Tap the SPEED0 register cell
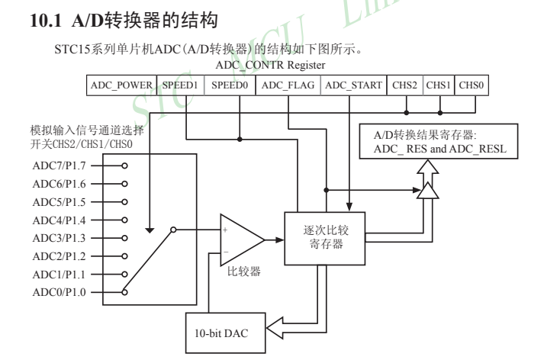point(229,85)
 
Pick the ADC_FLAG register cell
point(287,85)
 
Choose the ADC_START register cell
point(353,85)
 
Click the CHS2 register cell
point(404,85)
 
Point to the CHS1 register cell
point(438,85)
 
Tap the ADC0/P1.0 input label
point(59,291)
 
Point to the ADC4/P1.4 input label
point(59,218)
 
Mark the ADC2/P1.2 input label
point(59,254)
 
